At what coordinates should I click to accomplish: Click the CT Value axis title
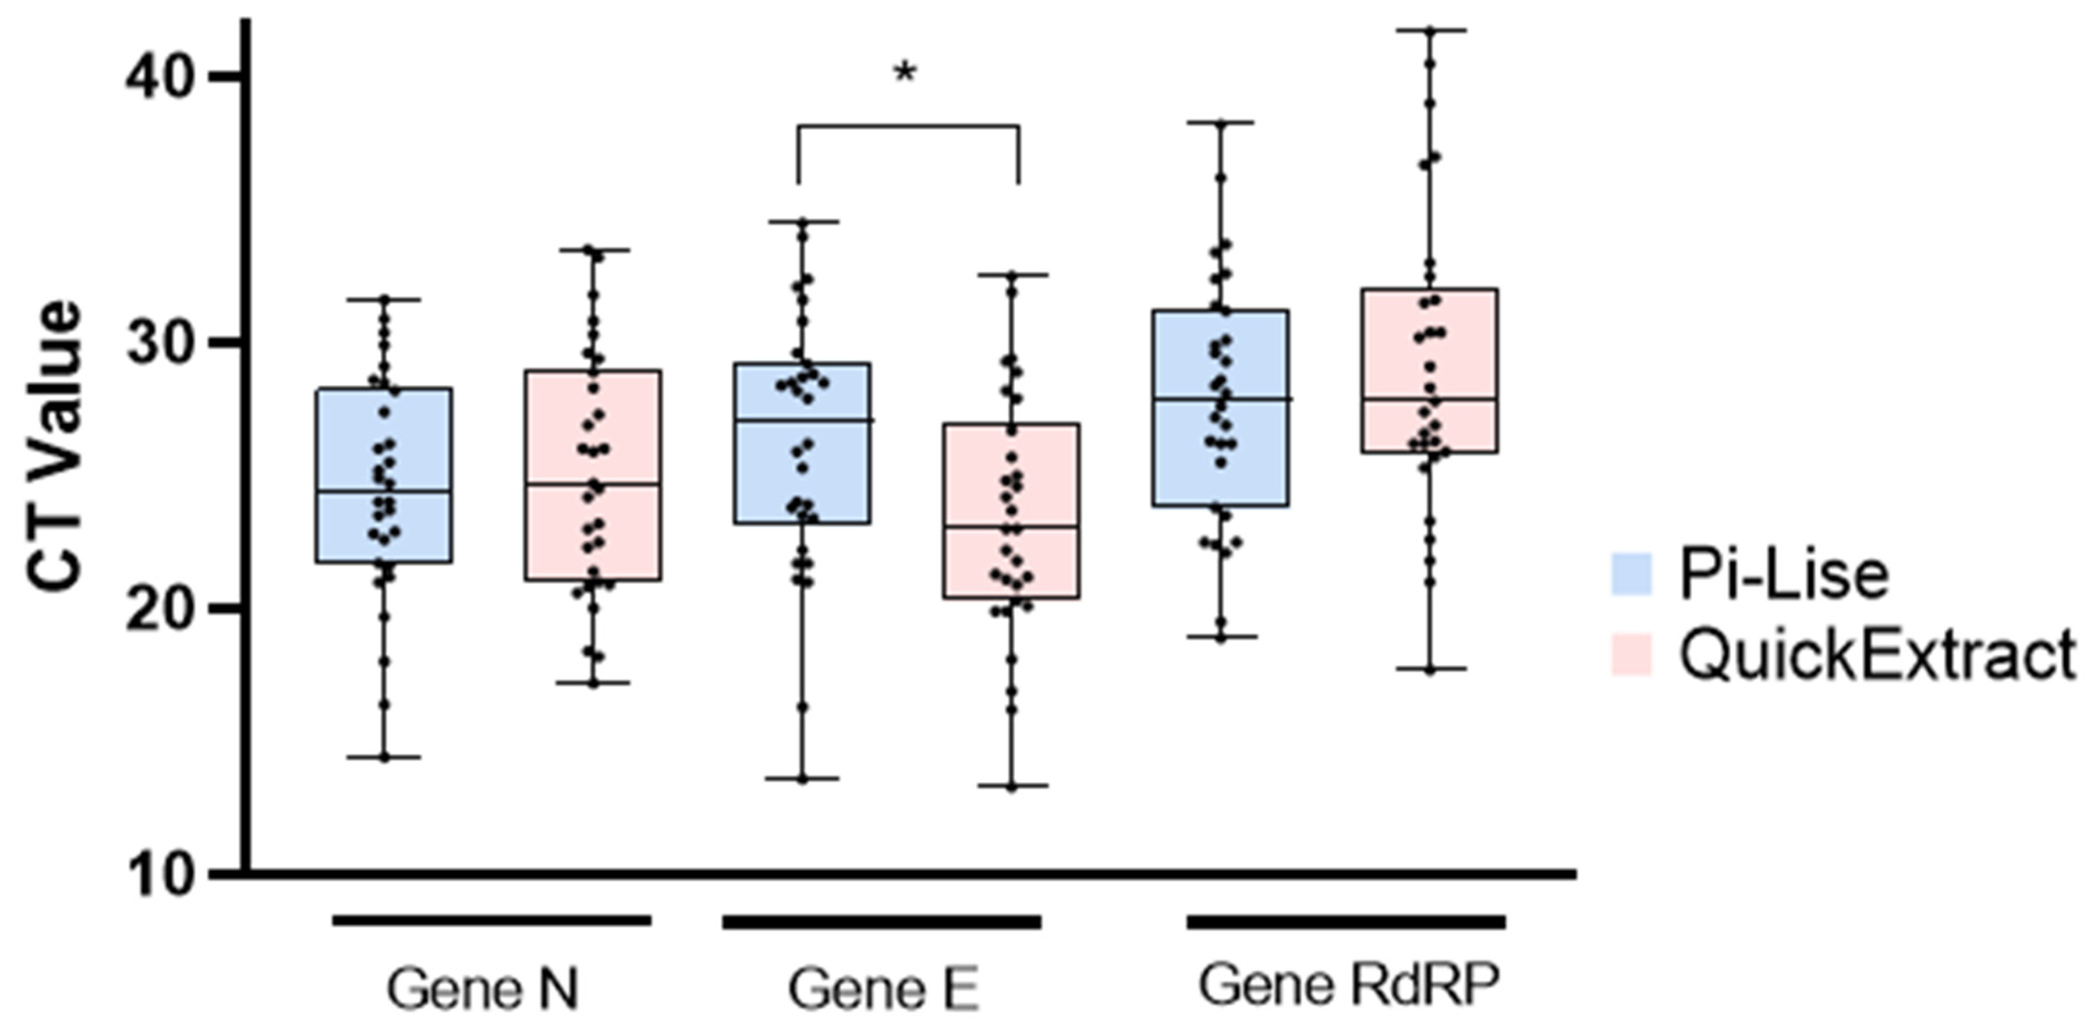click(55, 446)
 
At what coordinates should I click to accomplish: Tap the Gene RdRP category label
click(1348, 985)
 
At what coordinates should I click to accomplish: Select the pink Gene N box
click(593, 475)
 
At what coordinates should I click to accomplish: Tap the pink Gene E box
click(1011, 511)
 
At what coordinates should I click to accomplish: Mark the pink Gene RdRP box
click(1429, 370)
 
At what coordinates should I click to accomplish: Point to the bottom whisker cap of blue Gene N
click(384, 757)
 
